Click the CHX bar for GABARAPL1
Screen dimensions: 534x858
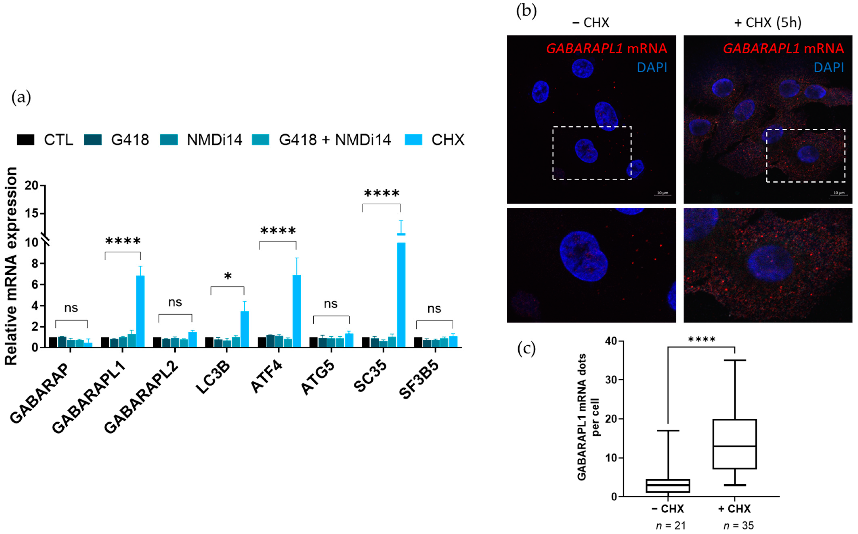pos(140,311)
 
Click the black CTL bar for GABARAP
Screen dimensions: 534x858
pos(53,342)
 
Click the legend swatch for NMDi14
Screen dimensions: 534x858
pos(169,140)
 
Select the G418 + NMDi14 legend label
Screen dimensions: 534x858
pos(334,140)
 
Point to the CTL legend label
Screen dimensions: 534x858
pos(58,140)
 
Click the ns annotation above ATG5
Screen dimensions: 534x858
pos(331,304)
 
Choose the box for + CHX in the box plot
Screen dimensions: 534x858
pos(735,444)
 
